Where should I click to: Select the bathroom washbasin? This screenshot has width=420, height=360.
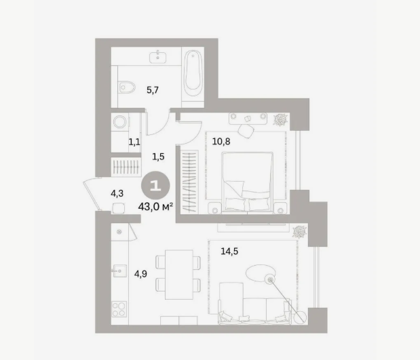coord(158,57)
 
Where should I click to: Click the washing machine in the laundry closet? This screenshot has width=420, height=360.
coord(120,122)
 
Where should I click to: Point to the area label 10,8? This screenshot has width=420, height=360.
coord(221,141)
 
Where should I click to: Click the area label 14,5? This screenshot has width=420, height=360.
coord(229,251)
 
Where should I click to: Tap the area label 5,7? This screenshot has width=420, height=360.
coord(153,90)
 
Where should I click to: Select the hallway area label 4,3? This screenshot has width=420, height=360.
coord(117,193)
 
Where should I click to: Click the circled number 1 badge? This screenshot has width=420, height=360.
coord(155,185)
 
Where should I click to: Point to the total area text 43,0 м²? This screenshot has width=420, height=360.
coord(155,206)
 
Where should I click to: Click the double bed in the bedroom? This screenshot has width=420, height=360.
coord(247,182)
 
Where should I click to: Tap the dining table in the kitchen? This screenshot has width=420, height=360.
coord(179,275)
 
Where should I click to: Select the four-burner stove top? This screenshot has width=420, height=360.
coord(119,309)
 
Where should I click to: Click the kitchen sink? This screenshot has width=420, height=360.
coord(119,271)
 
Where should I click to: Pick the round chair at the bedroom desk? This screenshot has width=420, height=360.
coord(246,131)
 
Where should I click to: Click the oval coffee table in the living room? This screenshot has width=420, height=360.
coord(260,273)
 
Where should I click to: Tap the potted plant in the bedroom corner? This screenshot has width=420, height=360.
coord(281,119)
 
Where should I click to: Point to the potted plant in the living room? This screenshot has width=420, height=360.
coord(299,232)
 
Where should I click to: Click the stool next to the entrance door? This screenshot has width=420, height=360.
coord(118,208)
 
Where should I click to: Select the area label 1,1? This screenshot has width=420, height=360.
coord(134,142)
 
